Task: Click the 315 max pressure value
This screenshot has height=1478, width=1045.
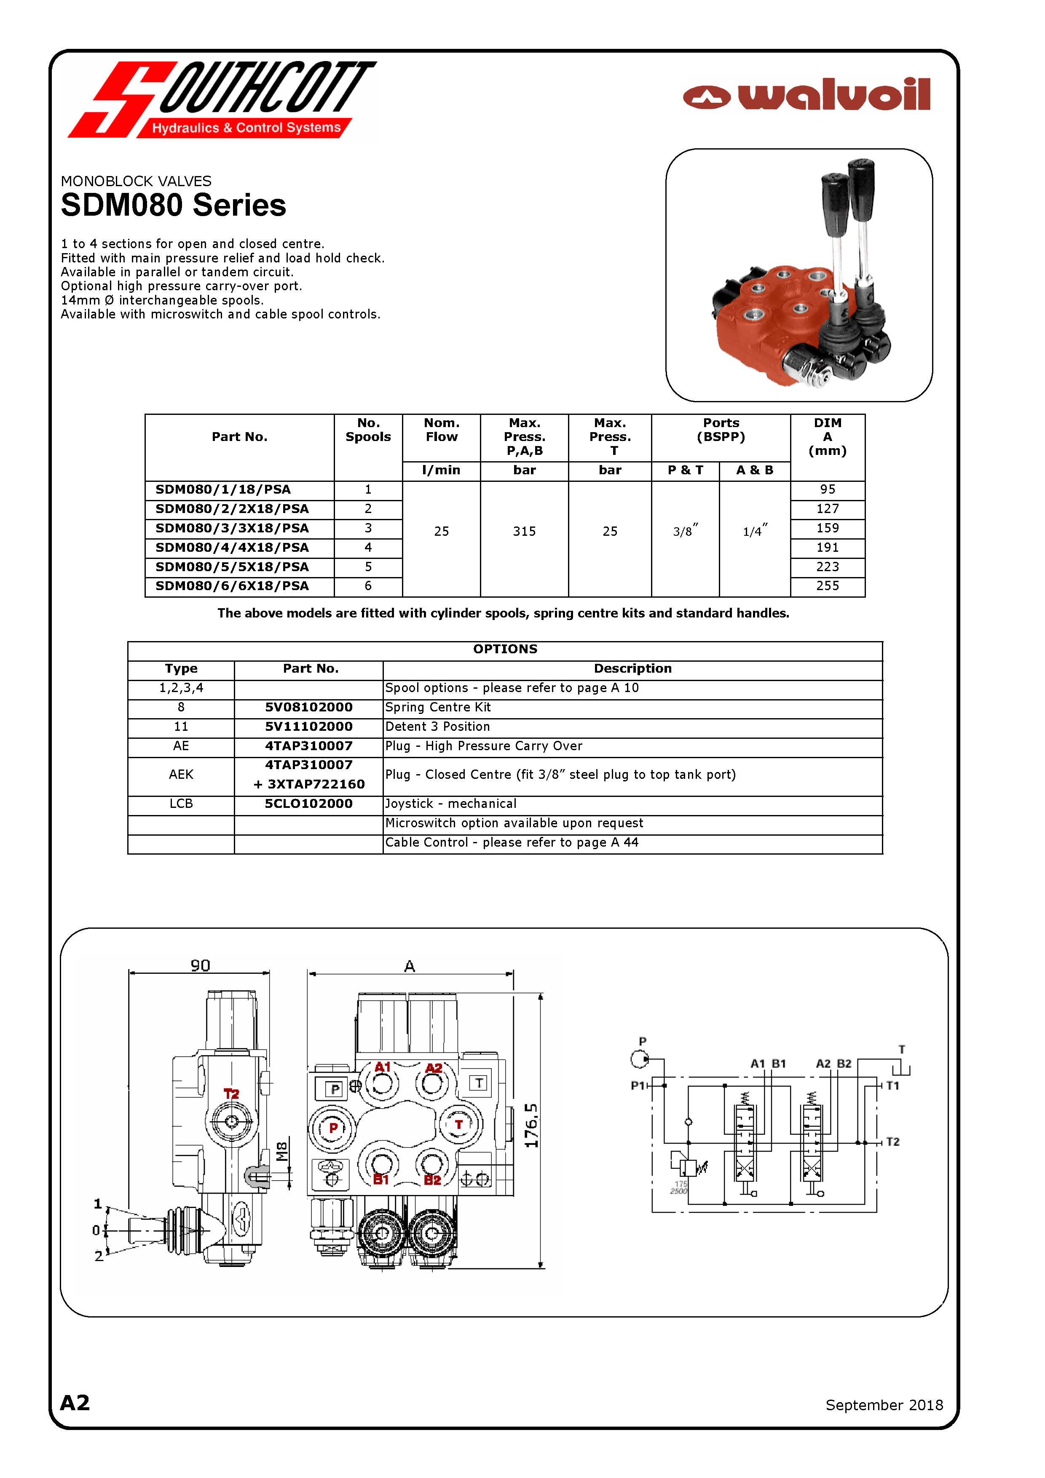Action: tap(524, 532)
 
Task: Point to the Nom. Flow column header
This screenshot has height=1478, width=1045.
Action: tap(441, 430)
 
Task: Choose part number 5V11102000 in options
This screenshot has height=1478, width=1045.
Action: tap(308, 727)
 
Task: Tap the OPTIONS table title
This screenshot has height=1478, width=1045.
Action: tap(505, 649)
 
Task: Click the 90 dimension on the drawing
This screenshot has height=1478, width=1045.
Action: tap(200, 965)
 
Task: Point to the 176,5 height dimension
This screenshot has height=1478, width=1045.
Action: tap(531, 1125)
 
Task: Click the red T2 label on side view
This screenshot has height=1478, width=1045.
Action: tap(231, 1094)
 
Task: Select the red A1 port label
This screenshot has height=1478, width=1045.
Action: tap(383, 1067)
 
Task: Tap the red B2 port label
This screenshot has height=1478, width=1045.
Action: tap(433, 1180)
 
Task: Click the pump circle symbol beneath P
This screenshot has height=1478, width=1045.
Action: tap(639, 1058)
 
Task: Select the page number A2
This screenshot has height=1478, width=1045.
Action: tap(75, 1403)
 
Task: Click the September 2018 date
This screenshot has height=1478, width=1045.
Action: tap(884, 1405)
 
